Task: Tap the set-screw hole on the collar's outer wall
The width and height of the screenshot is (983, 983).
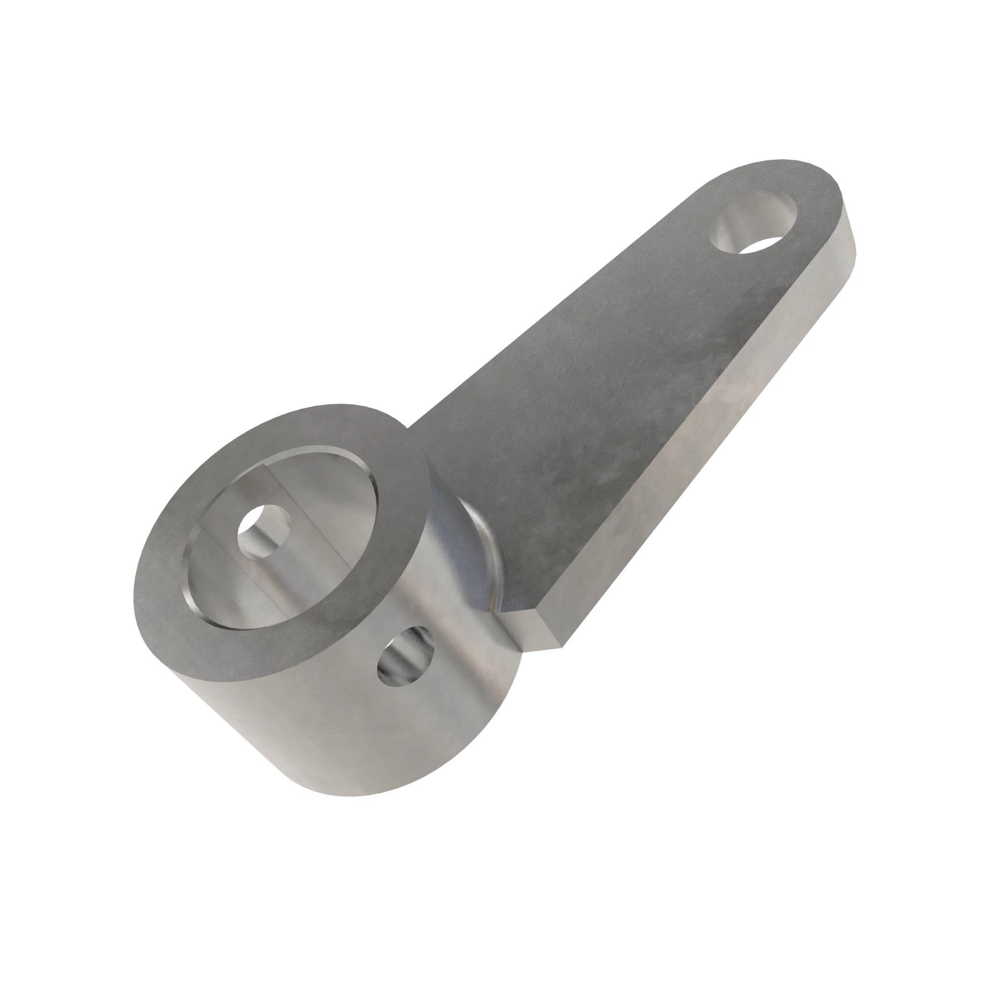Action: pos(405,657)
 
